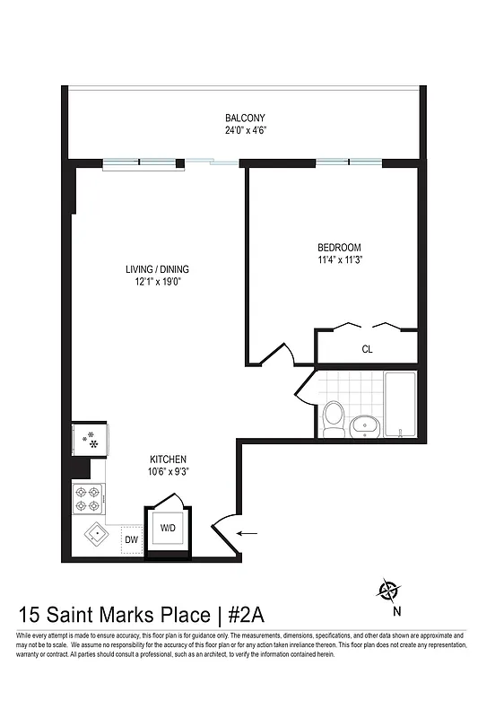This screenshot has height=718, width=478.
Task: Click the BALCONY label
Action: point(245,118)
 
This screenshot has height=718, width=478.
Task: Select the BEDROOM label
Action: point(339,248)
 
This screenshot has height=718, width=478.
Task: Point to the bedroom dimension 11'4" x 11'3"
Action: point(339,260)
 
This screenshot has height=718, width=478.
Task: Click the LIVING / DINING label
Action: point(157,269)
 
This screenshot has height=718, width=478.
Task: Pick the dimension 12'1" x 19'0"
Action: point(157,282)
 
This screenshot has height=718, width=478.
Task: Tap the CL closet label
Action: point(367,349)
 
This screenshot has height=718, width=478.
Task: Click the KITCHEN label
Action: point(168,460)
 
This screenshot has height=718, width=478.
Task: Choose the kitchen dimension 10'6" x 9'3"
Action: point(168,471)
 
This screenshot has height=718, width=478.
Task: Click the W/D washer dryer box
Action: point(168,529)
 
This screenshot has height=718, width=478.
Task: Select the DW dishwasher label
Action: point(131,539)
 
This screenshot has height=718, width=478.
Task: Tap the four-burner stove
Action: point(89,497)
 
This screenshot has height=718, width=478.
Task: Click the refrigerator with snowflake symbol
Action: point(89,439)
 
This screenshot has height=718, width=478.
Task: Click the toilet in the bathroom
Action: point(334,418)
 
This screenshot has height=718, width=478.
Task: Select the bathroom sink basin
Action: point(364,423)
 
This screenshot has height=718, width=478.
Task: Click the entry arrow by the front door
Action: point(247,534)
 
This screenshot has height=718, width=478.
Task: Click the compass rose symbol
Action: point(389,591)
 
